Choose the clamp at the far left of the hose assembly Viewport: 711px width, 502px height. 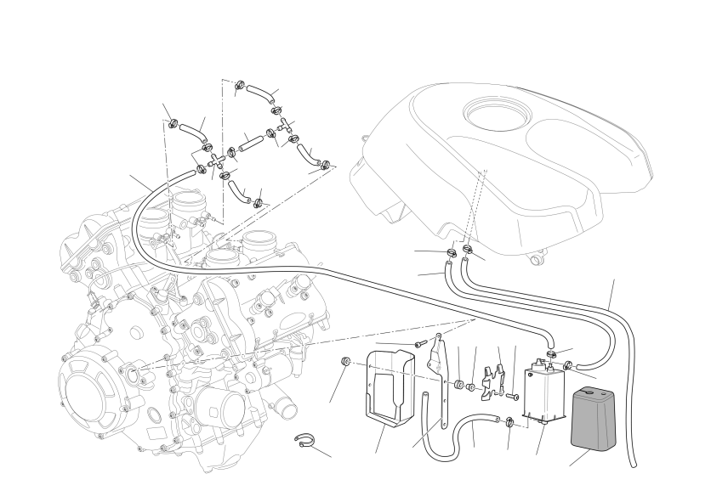coord(173,126)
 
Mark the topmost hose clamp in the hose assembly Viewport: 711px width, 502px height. coord(242,84)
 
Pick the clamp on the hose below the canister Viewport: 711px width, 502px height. coord(509,423)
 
